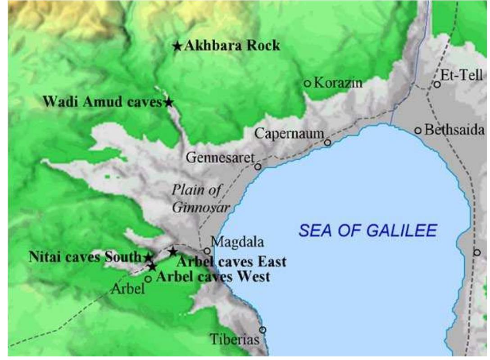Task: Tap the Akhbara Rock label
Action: [x=232, y=46]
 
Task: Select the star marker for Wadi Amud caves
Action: [x=168, y=103]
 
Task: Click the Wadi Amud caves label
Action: [x=103, y=102]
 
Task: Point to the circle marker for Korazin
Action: [x=307, y=83]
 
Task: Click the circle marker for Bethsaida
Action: [x=418, y=131]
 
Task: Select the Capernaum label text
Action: [x=289, y=134]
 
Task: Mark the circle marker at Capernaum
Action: [x=327, y=143]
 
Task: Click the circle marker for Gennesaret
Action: [x=258, y=166]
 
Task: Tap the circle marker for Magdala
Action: [x=207, y=251]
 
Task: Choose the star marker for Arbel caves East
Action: [x=172, y=252]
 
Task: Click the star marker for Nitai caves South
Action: [x=148, y=257]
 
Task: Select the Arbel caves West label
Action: [x=213, y=276]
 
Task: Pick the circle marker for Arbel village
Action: [x=148, y=279]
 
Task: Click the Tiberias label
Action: [x=236, y=340]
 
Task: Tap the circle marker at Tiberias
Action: [x=263, y=330]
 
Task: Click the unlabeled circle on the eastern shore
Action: [x=477, y=252]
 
